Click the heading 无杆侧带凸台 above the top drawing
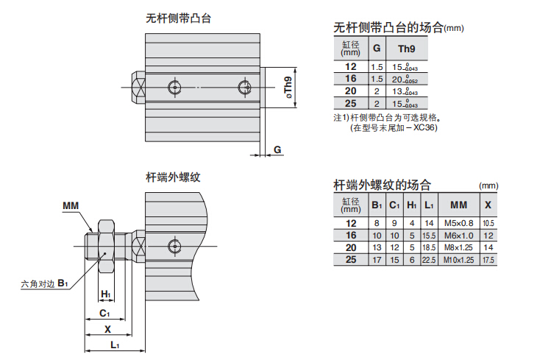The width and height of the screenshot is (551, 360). pos(179,18)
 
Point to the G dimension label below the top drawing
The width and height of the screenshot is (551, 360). pos(277,149)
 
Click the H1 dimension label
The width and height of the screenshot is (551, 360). pos(106,294)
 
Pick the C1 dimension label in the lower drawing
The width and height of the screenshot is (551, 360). pos(105,312)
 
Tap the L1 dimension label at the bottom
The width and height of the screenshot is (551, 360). pos(114,345)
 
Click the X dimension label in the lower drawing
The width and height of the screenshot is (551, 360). pos(107,328)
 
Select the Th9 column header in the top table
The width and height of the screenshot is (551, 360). pos(405,49)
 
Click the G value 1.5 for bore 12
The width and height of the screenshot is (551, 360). pos(377,67)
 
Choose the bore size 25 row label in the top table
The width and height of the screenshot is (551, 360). pos(350,104)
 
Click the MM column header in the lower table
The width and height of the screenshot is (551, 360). pos(458,204)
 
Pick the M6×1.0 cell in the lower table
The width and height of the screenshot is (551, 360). pos(458,235)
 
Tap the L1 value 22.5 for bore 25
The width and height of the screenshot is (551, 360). pos(430,260)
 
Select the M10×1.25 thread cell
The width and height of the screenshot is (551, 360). pos(458,260)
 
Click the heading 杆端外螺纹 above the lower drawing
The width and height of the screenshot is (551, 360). pos(173,177)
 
